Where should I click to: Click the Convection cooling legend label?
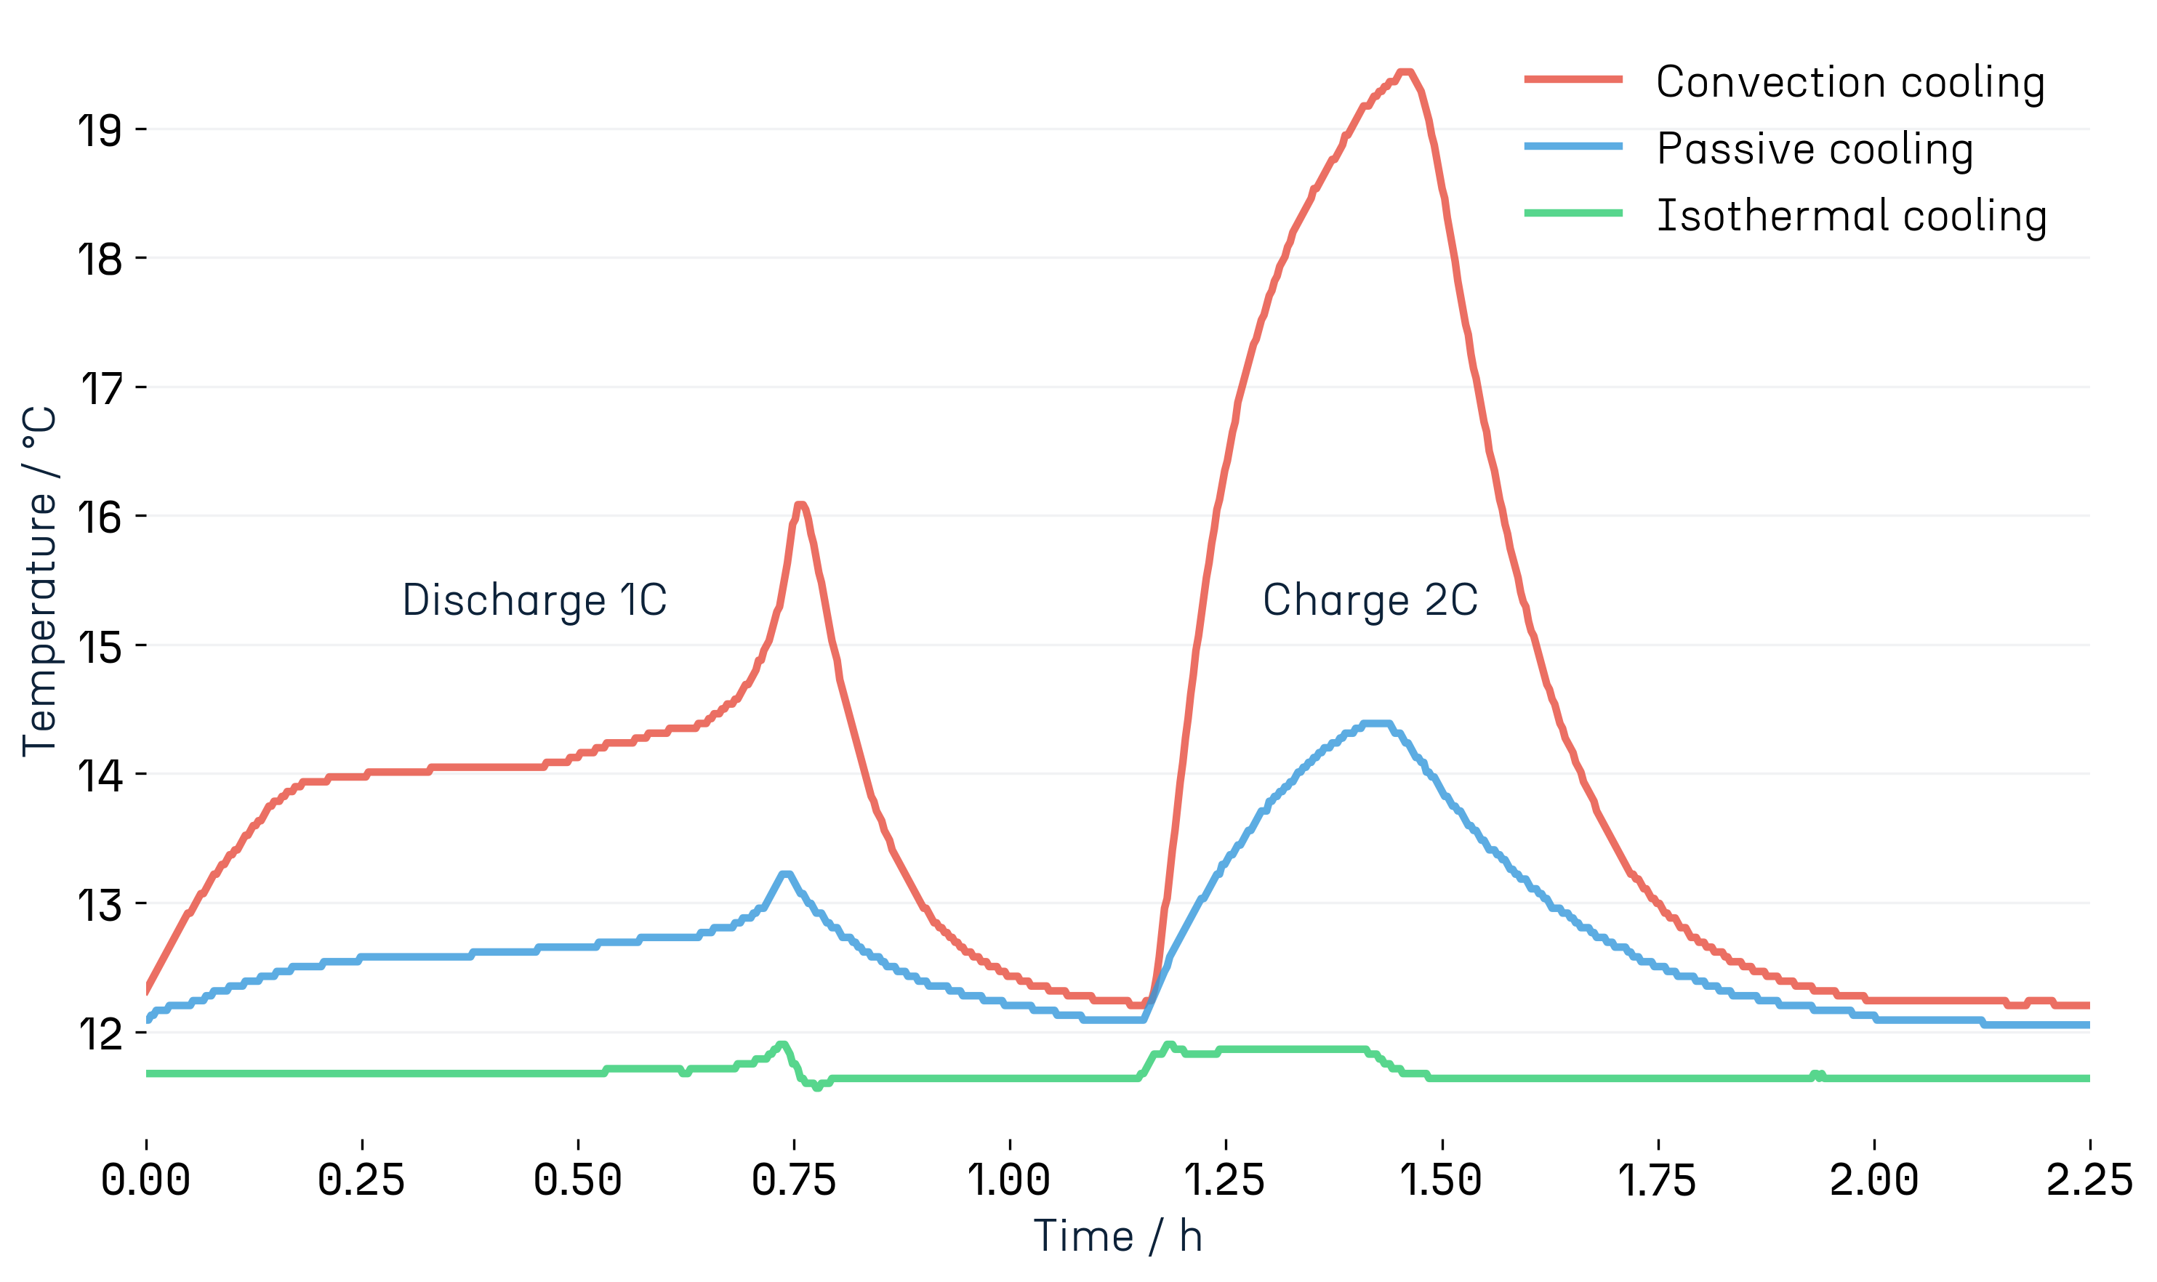(x=1849, y=84)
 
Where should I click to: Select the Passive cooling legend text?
(x=1814, y=150)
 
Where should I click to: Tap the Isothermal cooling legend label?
(x=1850, y=217)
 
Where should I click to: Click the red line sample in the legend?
(x=1572, y=79)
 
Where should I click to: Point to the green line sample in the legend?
(x=1572, y=212)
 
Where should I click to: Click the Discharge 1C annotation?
(x=534, y=600)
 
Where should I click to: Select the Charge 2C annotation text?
(x=1370, y=600)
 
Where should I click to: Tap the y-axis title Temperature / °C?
(x=39, y=581)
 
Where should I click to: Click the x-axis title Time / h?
(x=1117, y=1235)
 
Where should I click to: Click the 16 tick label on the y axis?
(x=100, y=518)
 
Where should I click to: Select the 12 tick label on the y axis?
(x=100, y=1034)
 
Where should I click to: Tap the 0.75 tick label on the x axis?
(x=793, y=1180)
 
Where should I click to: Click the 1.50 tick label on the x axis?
(x=1441, y=1180)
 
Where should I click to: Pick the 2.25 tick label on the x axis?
(x=2088, y=1180)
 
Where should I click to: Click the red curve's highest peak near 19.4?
(x=1405, y=73)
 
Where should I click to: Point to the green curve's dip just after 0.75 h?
(x=816, y=1086)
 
